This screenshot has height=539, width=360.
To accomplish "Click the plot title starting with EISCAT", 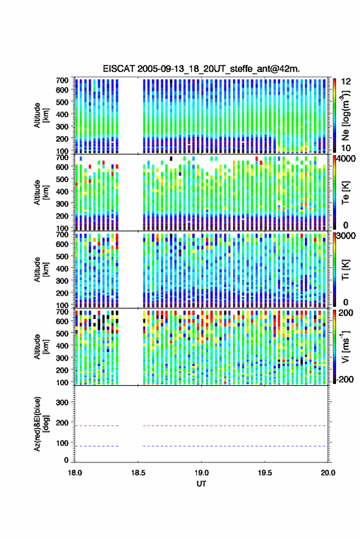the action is point(201,69).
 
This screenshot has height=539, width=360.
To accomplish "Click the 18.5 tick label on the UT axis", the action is point(138,473).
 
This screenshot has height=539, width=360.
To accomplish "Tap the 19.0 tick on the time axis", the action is point(201,473).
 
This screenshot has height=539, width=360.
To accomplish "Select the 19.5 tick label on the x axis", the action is point(264,473).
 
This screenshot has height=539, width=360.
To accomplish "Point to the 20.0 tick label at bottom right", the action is point(327,473).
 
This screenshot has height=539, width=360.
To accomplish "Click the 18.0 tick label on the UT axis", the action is point(75,473).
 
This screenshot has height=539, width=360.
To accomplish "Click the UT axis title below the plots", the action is point(201,484).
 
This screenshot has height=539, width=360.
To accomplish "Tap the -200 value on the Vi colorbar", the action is point(343,379).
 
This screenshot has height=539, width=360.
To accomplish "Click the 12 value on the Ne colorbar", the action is point(346,82).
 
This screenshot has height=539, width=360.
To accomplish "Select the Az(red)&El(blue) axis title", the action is point(41,424).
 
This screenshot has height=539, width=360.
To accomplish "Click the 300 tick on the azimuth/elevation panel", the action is point(62,402).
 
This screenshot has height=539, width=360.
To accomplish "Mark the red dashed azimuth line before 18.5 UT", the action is point(97,426).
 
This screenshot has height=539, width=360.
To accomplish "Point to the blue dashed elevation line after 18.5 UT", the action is point(234,446).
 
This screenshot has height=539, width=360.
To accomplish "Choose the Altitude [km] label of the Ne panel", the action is point(41,115).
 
